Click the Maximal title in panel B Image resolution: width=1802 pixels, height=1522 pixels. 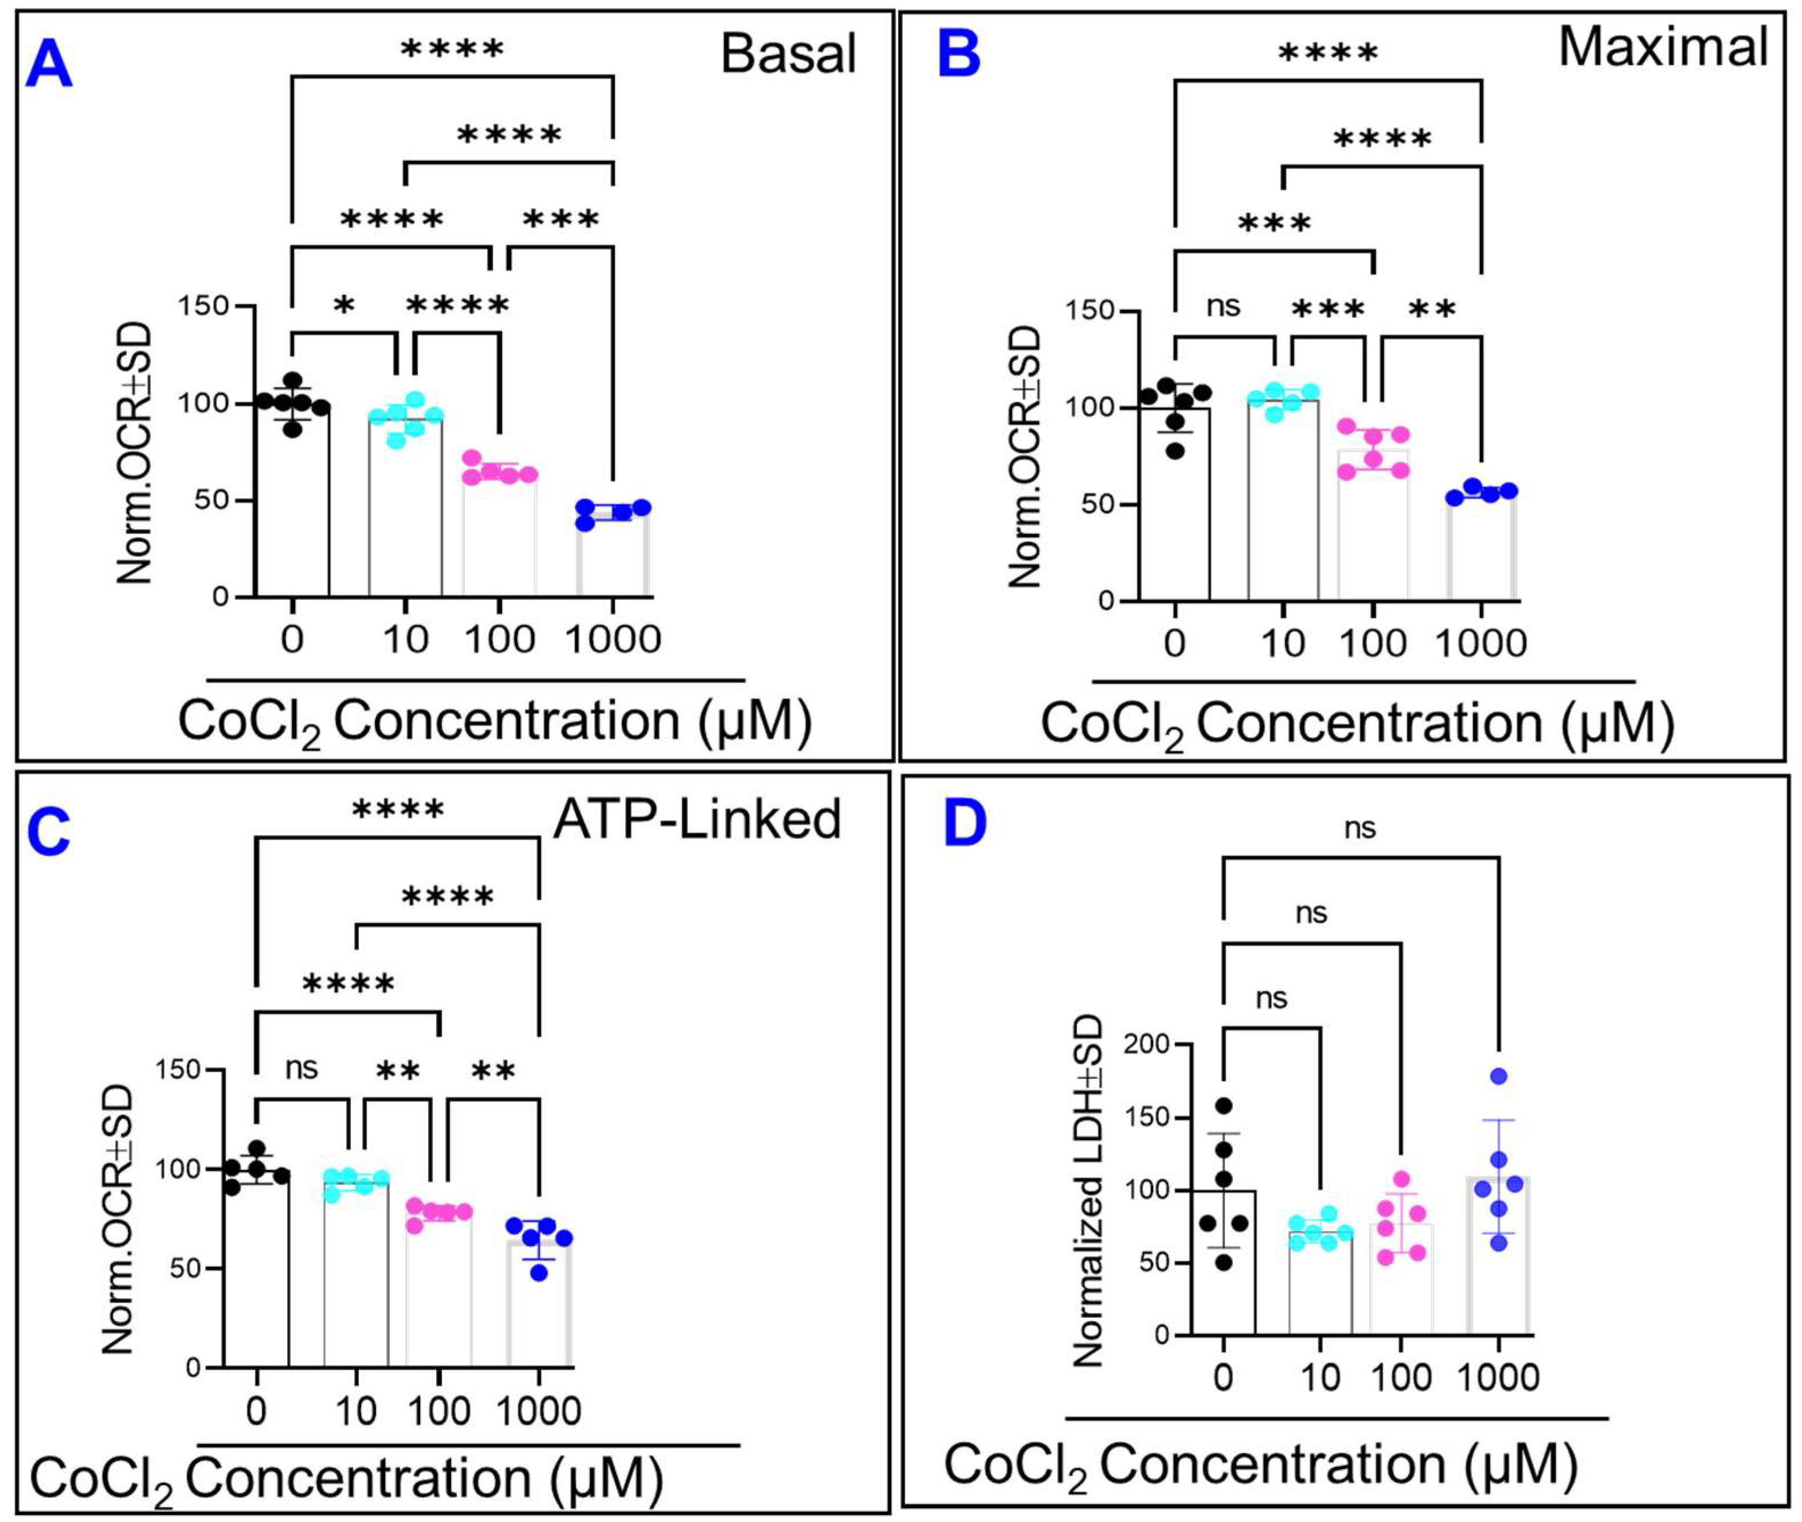pyautogui.click(x=1664, y=47)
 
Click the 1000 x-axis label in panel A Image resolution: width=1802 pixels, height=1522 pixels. pyautogui.click(x=613, y=639)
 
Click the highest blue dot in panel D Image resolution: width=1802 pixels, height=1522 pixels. pyautogui.click(x=1498, y=1077)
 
